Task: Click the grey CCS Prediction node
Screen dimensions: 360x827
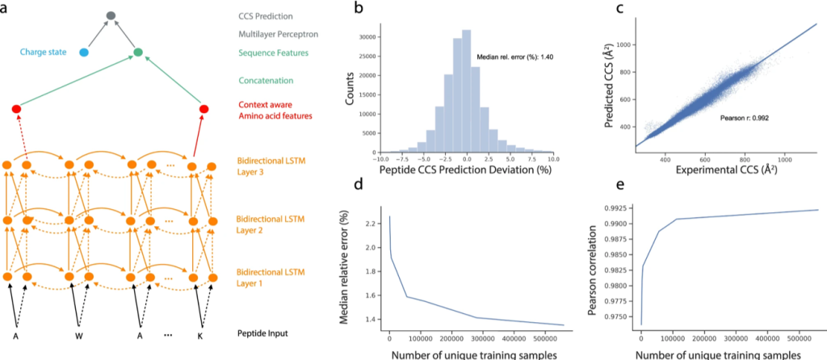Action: click(x=111, y=16)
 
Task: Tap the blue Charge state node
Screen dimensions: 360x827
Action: click(x=84, y=52)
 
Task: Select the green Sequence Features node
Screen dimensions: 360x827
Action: click(x=138, y=52)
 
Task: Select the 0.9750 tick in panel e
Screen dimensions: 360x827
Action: click(x=615, y=317)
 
